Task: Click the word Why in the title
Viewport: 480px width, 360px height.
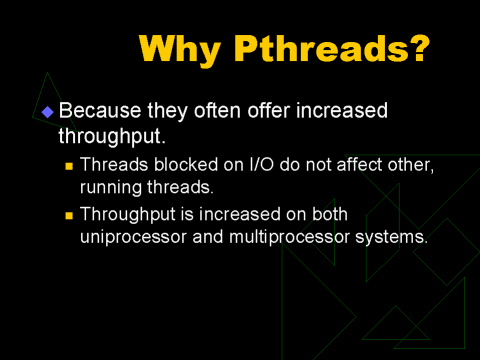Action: pos(180,49)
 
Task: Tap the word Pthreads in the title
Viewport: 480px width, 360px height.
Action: pos(322,48)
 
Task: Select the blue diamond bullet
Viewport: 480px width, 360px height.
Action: pos(48,112)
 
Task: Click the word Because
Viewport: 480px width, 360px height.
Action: pos(100,110)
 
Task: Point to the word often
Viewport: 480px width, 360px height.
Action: pos(217,110)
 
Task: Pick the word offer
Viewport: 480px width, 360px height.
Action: pos(269,110)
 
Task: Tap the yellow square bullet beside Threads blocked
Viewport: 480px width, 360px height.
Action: pos(69,166)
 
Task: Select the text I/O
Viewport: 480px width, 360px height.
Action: pos(261,164)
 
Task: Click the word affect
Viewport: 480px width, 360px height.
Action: pos(359,164)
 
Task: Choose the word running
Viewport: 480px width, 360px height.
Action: pos(111,188)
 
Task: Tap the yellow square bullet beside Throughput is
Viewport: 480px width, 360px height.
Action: pos(69,216)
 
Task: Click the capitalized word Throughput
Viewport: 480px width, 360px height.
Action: pos(128,215)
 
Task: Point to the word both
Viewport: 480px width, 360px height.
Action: pos(330,214)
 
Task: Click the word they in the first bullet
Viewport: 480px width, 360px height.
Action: pos(168,111)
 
